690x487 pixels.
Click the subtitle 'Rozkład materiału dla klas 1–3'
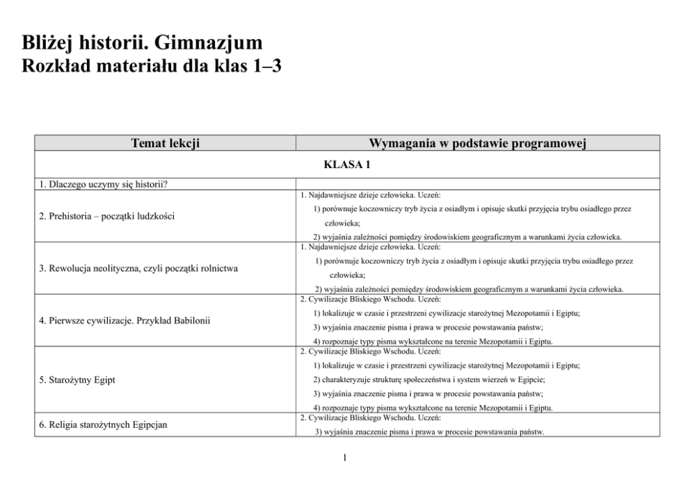click(x=151, y=67)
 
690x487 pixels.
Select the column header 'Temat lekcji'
click(x=166, y=144)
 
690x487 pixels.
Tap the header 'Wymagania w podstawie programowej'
click(x=478, y=144)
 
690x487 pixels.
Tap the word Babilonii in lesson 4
click(x=186, y=320)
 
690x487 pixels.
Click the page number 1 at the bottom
click(x=345, y=458)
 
